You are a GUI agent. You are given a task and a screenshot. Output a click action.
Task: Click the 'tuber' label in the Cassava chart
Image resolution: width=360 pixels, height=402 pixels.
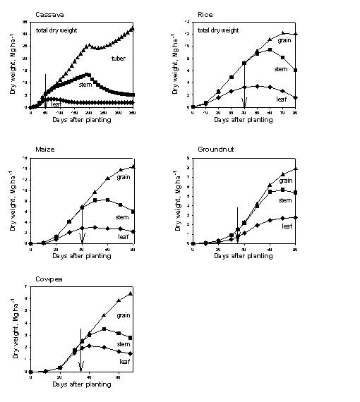pos(118,59)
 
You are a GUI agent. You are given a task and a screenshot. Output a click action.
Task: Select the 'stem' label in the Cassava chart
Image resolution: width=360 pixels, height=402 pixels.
pos(85,85)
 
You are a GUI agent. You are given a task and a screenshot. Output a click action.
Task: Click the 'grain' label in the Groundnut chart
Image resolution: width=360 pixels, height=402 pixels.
pos(286,181)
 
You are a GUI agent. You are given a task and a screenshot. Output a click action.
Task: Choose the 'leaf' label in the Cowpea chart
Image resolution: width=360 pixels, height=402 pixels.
pos(124,362)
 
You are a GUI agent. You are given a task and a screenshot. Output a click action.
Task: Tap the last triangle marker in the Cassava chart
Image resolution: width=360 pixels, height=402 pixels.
pos(133,29)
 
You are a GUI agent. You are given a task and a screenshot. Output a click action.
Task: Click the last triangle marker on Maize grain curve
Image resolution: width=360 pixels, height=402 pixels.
pos(133,166)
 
